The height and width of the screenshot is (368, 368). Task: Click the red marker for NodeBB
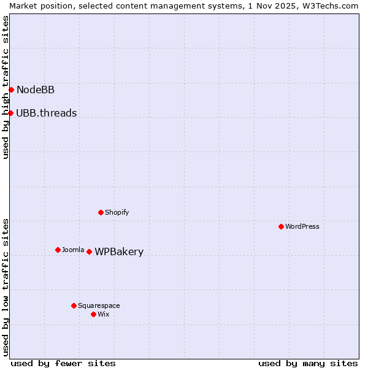click(x=11, y=90)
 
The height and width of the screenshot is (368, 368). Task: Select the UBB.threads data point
click(x=10, y=113)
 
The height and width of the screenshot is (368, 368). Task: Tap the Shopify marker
click(x=101, y=212)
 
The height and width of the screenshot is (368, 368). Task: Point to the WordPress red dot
click(x=281, y=226)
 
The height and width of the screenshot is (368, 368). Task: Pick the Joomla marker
click(x=58, y=250)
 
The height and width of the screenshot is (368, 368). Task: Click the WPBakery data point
click(x=89, y=251)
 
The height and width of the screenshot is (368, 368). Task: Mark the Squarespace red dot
click(x=74, y=305)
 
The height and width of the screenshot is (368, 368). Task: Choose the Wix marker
click(x=93, y=314)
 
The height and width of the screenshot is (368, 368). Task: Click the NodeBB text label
click(x=36, y=90)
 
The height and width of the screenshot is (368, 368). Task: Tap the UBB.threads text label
click(x=47, y=113)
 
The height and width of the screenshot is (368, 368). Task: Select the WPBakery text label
click(x=119, y=252)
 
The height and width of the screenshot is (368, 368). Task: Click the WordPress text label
click(x=302, y=226)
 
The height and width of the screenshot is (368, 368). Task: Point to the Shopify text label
click(x=117, y=212)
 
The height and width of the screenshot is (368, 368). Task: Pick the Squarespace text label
click(x=99, y=305)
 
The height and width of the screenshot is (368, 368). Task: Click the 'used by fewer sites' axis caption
click(x=63, y=363)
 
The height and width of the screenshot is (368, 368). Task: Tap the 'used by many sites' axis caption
click(x=308, y=363)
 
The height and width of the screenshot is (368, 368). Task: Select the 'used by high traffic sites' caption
click(x=6, y=87)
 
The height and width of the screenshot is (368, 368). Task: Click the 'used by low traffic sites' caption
click(x=6, y=287)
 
